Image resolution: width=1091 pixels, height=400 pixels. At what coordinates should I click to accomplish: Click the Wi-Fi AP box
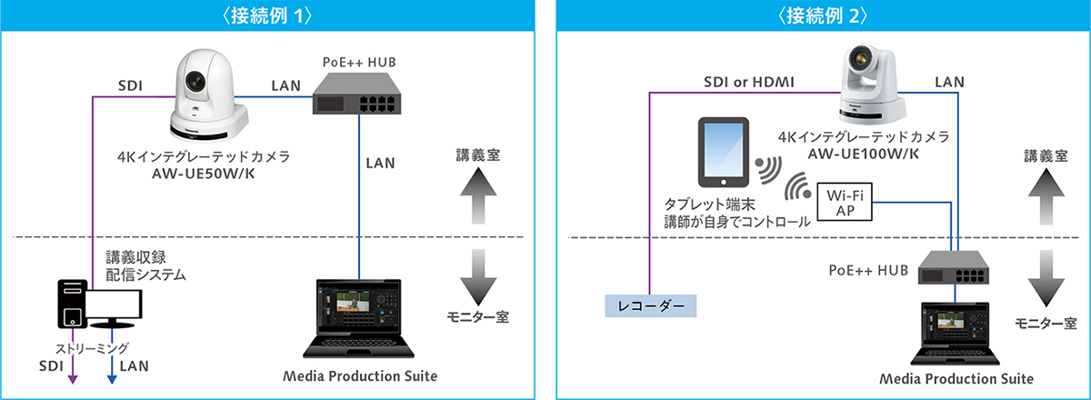(846, 203)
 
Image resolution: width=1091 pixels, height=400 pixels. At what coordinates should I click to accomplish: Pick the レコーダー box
(651, 305)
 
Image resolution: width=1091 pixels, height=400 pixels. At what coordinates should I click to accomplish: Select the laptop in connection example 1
(359, 318)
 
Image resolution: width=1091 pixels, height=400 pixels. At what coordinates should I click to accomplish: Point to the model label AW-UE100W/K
(872, 154)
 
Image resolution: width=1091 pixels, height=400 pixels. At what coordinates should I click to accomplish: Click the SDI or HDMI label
(750, 83)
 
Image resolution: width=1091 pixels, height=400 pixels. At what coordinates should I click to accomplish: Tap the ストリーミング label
(93, 346)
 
